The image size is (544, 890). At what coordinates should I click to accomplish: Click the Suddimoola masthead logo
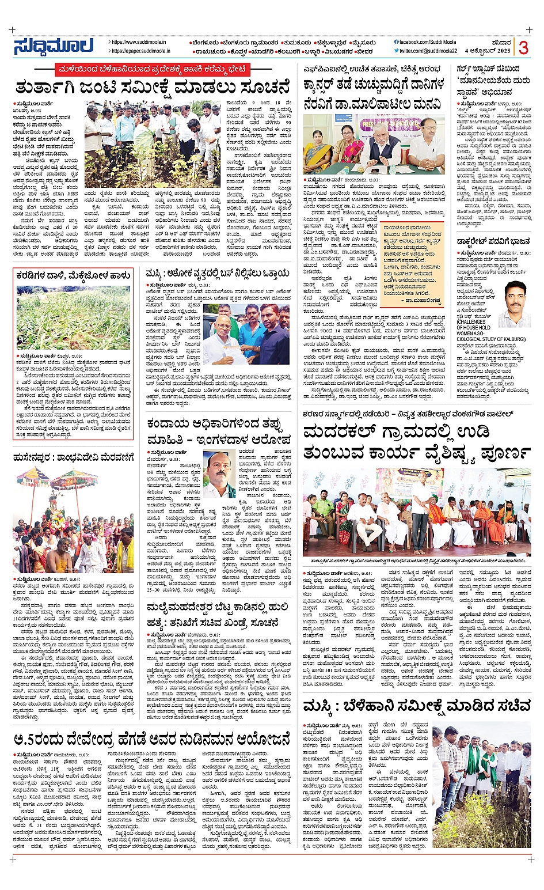point(53,46)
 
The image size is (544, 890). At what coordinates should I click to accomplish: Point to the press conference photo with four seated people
point(374,143)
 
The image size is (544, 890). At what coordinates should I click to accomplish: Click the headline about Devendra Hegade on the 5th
point(153,738)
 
